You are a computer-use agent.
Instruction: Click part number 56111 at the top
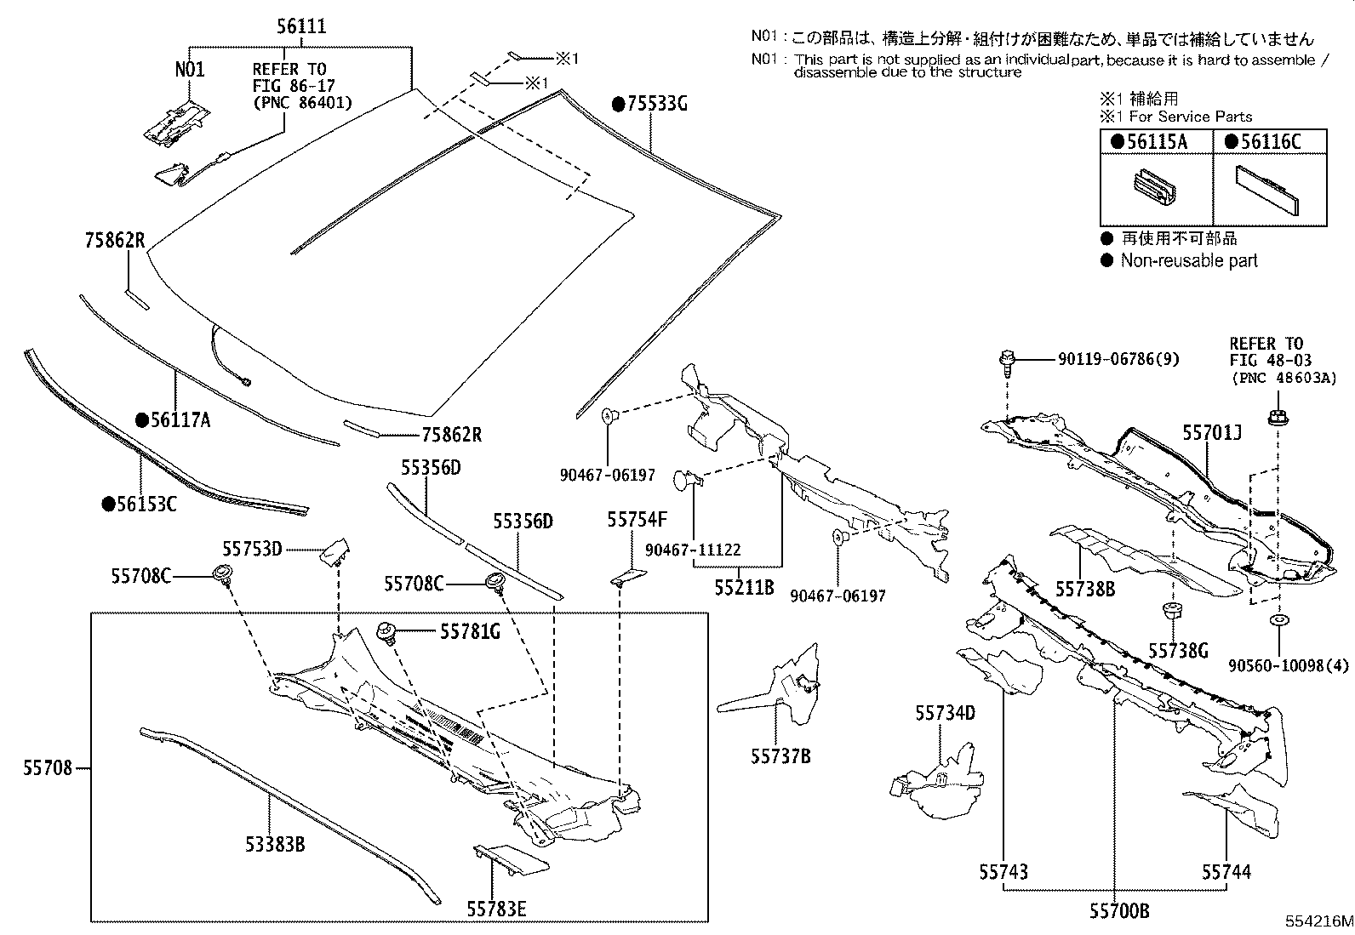click(x=301, y=26)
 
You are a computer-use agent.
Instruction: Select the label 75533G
click(x=650, y=104)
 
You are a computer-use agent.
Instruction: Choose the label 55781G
click(x=470, y=631)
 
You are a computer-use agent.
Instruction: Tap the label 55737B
click(x=780, y=755)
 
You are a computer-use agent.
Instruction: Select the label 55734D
click(x=945, y=713)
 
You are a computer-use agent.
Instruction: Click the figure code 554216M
click(x=1318, y=922)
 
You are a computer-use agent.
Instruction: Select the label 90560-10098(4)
click(x=1289, y=665)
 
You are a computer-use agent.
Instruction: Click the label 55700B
click(x=1118, y=911)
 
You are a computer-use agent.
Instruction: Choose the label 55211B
click(x=743, y=587)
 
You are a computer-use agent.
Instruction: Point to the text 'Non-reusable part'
click(x=1188, y=261)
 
